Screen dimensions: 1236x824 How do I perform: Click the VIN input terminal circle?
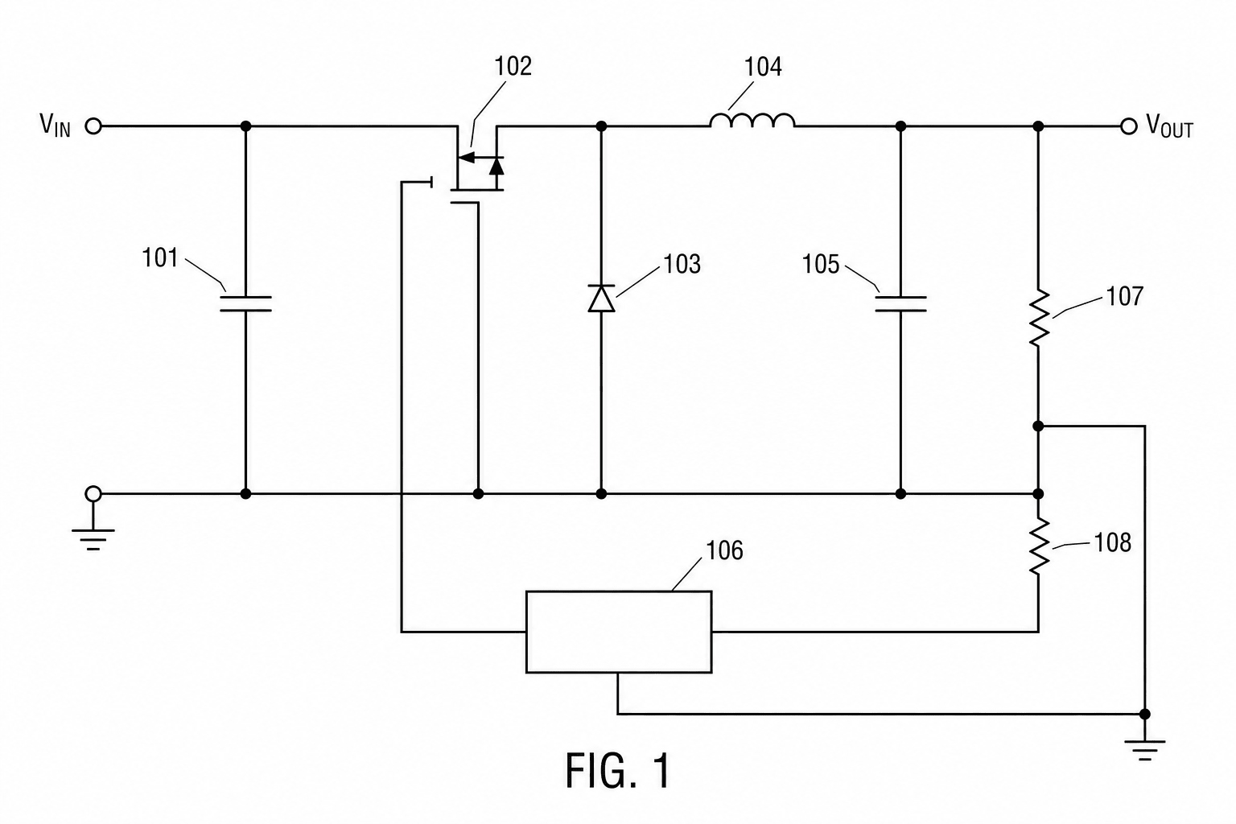point(93,126)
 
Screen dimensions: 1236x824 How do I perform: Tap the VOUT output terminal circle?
point(1129,126)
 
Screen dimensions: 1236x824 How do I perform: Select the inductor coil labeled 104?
point(752,121)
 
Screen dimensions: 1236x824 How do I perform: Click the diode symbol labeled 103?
point(601,299)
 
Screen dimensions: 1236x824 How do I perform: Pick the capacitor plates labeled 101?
point(245,303)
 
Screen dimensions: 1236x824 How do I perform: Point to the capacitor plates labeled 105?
point(900,303)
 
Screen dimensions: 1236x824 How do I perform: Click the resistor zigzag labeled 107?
point(1039,318)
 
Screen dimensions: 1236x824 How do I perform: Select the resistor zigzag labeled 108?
point(1039,546)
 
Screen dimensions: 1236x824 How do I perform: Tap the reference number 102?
point(513,66)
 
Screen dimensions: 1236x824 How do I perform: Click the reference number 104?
point(763,67)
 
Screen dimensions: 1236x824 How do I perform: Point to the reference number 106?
point(724,550)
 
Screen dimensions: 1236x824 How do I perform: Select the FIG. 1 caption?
point(617,770)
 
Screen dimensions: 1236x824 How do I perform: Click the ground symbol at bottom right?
point(1145,750)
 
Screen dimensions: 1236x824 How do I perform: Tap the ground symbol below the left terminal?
point(93,539)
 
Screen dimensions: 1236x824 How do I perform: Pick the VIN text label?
point(56,125)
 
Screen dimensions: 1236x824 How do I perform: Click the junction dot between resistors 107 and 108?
point(1038,426)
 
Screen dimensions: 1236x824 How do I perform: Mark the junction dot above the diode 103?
point(601,126)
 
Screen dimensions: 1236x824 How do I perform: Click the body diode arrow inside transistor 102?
point(496,166)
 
